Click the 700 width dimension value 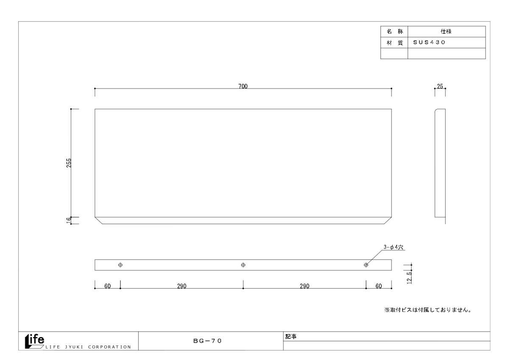point(243,86)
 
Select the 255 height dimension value point(69,163)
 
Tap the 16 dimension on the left point(69,220)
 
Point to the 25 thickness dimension point(440,86)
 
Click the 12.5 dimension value point(409,278)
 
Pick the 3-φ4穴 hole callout point(393,247)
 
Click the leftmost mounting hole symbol point(120,265)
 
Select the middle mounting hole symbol point(243,265)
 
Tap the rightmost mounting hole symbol point(366,265)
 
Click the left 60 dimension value point(107,286)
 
